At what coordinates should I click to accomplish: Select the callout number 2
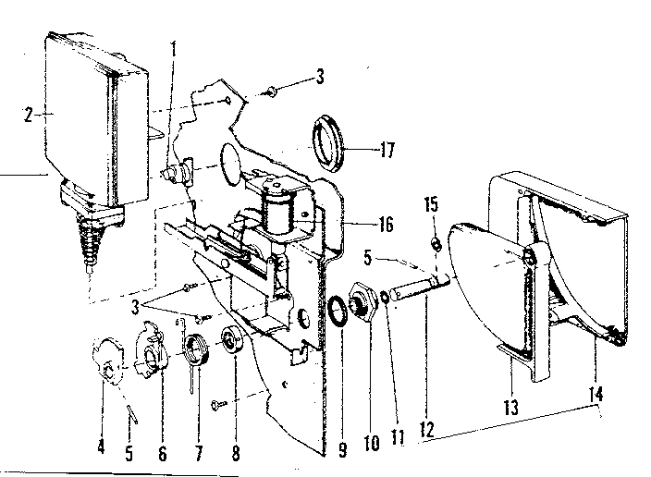point(29,116)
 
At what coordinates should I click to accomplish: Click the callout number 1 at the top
point(173,46)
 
